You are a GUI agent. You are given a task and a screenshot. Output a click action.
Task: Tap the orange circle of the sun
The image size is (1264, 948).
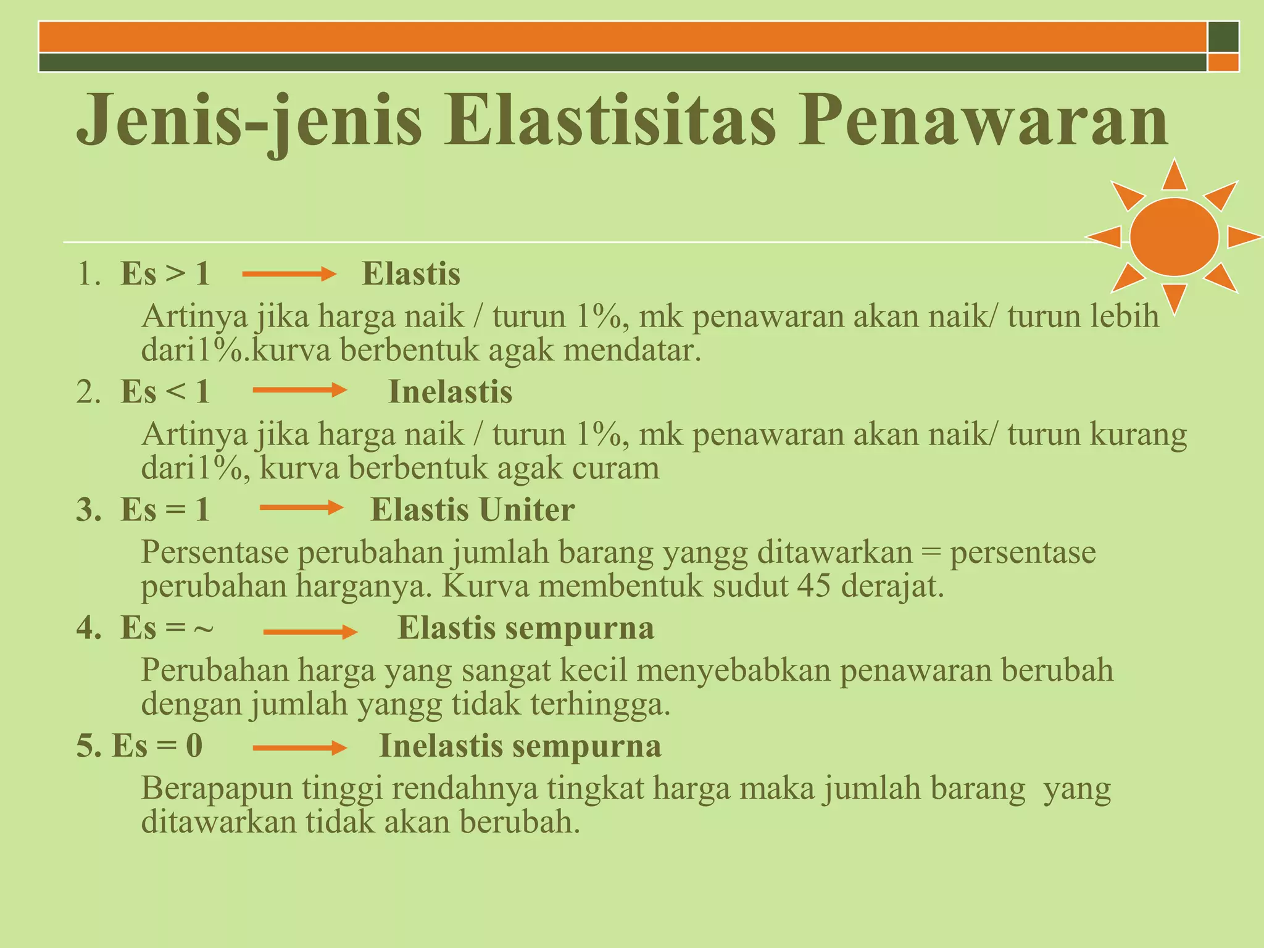1174,236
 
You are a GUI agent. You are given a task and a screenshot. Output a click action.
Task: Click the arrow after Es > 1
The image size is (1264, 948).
288,274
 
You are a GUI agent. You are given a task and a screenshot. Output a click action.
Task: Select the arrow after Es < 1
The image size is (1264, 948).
299,390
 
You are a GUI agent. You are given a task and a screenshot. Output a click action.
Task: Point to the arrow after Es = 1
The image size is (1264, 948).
301,508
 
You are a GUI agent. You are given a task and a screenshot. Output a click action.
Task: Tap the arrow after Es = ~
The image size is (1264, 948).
310,631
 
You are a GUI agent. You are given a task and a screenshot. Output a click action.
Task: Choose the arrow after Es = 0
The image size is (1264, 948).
299,748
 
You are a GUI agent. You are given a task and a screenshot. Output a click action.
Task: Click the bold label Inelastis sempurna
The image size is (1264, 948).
520,746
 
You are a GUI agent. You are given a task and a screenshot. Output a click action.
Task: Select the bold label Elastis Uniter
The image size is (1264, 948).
472,510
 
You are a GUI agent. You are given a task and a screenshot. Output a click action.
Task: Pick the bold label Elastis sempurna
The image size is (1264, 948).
525,628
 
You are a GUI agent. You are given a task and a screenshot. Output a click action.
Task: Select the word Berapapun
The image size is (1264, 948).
217,789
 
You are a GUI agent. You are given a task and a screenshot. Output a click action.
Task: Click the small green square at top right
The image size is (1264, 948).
1223,36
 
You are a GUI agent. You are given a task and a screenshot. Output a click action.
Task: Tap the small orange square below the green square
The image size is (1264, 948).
1223,62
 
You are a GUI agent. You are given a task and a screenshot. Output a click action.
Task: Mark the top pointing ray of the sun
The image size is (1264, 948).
1174,175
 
